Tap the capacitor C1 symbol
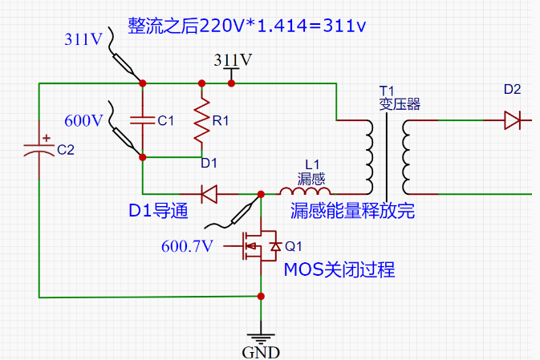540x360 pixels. [x=141, y=121]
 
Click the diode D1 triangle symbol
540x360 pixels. [x=210, y=193]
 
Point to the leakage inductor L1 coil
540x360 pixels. [x=305, y=192]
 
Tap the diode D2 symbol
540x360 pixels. [x=513, y=121]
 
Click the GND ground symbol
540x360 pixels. [x=261, y=337]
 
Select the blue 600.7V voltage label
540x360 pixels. [x=187, y=245]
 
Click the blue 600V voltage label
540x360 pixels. [x=84, y=121]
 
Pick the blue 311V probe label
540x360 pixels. [x=83, y=38]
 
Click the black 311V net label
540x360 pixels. [x=233, y=60]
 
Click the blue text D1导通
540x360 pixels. [x=158, y=211]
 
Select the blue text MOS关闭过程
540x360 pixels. [x=339, y=269]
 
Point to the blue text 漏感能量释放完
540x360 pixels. [x=352, y=211]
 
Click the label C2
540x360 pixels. [x=66, y=150]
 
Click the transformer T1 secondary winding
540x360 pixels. [x=408, y=156]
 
